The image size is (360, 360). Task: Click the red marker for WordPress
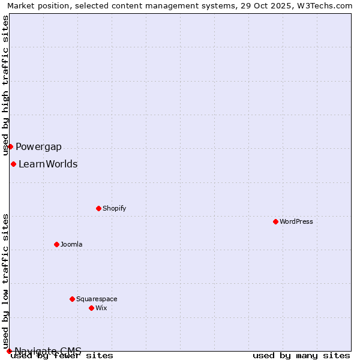pyautogui.click(x=275, y=221)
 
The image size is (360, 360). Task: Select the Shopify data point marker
pyautogui.click(x=98, y=208)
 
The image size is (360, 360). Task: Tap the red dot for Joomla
pyautogui.click(x=56, y=244)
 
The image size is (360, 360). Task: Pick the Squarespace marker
pyautogui.click(x=72, y=299)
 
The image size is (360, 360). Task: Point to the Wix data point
pyautogui.click(x=91, y=308)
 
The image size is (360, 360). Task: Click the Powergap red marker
pyautogui.click(x=10, y=146)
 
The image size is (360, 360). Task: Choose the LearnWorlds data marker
pyautogui.click(x=13, y=164)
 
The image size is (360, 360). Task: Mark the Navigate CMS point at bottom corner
pyautogui.click(x=9, y=351)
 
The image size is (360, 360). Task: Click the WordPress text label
pyautogui.click(x=296, y=221)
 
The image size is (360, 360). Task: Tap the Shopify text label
pyautogui.click(x=114, y=208)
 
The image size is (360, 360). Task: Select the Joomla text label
pyautogui.click(x=71, y=244)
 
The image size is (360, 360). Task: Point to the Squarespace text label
pyautogui.click(x=96, y=299)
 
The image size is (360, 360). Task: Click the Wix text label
pyautogui.click(x=101, y=308)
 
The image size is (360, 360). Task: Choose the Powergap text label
pyautogui.click(x=38, y=147)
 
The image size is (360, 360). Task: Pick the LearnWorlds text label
pyautogui.click(x=48, y=164)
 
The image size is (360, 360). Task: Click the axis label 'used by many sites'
pyautogui.click(x=301, y=356)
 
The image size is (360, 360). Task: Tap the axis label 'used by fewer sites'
pyautogui.click(x=62, y=356)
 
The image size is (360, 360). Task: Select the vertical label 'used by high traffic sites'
pyautogui.click(x=5, y=85)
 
